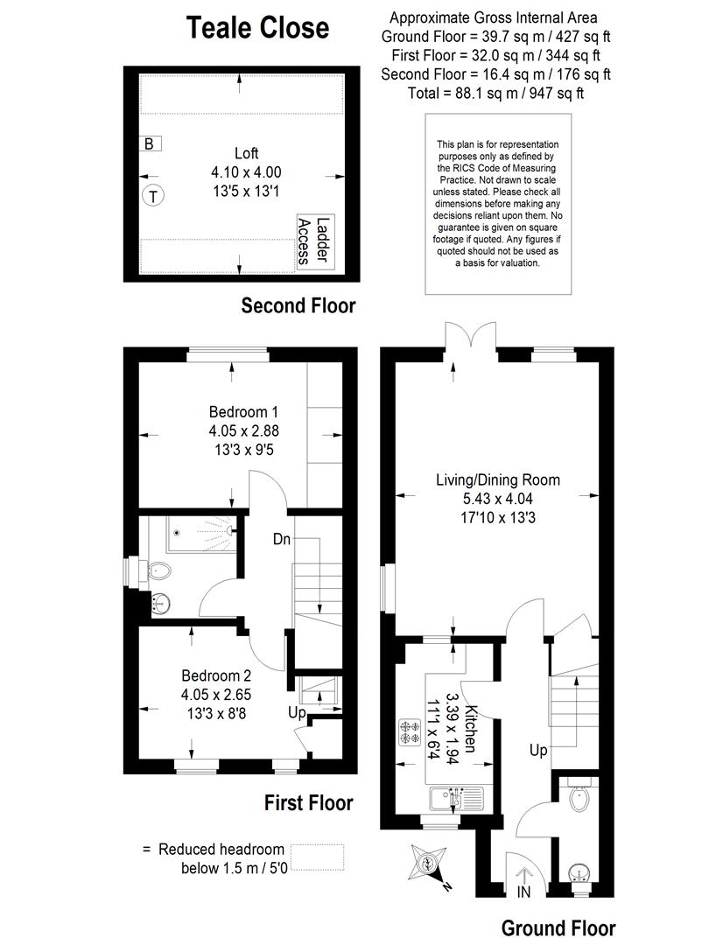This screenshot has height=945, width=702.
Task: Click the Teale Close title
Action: [257, 28]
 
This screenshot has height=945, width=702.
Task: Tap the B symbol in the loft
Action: [150, 143]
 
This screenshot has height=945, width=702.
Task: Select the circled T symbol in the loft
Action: [153, 196]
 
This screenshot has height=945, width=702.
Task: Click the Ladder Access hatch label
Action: [315, 241]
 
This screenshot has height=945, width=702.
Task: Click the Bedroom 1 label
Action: [243, 411]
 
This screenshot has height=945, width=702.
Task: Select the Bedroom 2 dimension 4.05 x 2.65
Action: [216, 694]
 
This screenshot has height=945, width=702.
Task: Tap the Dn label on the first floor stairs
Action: [282, 539]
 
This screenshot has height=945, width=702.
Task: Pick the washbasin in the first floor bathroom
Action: [161, 603]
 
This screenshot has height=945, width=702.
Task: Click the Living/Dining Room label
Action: [497, 479]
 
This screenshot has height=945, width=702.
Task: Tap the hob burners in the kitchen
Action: [410, 732]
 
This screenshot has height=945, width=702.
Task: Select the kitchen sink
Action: [457, 799]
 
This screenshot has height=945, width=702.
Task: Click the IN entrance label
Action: [523, 892]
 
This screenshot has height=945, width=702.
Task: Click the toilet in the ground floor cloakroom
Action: [579, 796]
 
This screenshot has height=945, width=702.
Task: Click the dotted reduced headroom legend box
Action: [317, 857]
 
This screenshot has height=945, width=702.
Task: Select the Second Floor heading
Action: [298, 305]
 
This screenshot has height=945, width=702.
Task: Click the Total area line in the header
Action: [495, 94]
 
